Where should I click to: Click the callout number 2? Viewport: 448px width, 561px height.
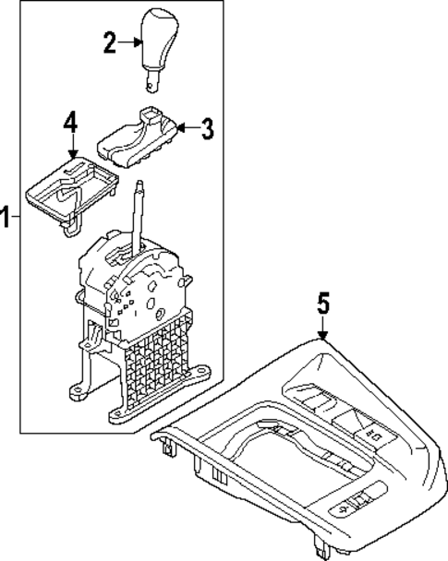[109, 42]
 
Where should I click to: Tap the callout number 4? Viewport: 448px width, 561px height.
[70, 122]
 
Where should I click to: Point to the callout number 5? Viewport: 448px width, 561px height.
[323, 304]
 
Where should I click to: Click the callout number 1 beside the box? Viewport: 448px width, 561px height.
[6, 218]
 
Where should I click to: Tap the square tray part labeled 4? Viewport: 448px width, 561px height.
[68, 187]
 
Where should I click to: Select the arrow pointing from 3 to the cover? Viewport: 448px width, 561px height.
[186, 128]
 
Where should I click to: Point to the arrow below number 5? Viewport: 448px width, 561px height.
[323, 329]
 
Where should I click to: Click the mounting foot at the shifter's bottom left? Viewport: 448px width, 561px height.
[79, 395]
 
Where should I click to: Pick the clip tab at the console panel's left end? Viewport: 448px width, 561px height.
[168, 448]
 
